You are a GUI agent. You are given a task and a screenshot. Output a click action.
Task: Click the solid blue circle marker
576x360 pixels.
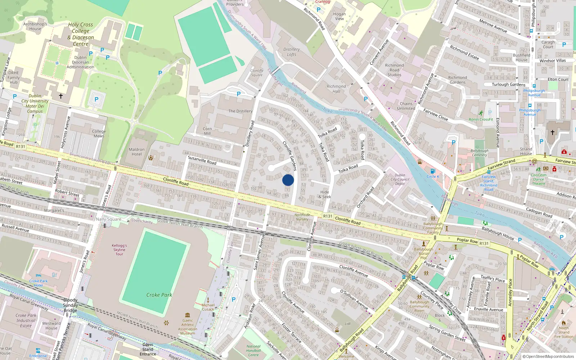(288, 180)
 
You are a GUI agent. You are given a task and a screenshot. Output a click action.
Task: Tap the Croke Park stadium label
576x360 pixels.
(159, 295)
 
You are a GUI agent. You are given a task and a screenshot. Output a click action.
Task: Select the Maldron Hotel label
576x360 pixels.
(137, 152)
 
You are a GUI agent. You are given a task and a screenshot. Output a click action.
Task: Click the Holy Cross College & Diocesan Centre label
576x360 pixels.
(81, 34)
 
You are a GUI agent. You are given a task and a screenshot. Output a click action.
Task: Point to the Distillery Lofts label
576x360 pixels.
(292, 52)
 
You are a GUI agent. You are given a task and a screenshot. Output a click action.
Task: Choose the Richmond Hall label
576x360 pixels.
(336, 89)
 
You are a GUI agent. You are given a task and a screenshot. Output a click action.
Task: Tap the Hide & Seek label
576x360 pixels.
(325, 194)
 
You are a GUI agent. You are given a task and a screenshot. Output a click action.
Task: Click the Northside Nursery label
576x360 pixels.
(302, 217)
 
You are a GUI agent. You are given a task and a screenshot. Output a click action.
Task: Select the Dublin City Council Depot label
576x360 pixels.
(400, 179)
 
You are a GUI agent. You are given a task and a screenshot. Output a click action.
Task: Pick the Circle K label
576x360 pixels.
(433, 176)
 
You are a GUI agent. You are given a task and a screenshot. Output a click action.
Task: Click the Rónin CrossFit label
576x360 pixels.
(481, 119)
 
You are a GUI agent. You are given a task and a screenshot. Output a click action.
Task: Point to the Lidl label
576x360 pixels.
(348, 324)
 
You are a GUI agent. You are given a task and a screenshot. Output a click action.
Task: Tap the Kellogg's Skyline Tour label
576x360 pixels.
(120, 249)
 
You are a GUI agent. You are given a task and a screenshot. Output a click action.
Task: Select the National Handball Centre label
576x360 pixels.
(253, 351)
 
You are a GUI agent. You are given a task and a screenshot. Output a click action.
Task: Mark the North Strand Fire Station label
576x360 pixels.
(564, 332)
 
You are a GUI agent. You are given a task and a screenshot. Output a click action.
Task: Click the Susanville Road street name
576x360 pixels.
(202, 160)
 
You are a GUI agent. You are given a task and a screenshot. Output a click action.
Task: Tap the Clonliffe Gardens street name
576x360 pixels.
(290, 156)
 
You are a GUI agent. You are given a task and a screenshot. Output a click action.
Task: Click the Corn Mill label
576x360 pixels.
(207, 131)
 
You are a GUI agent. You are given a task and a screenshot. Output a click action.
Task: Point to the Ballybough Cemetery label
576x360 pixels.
(480, 153)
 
